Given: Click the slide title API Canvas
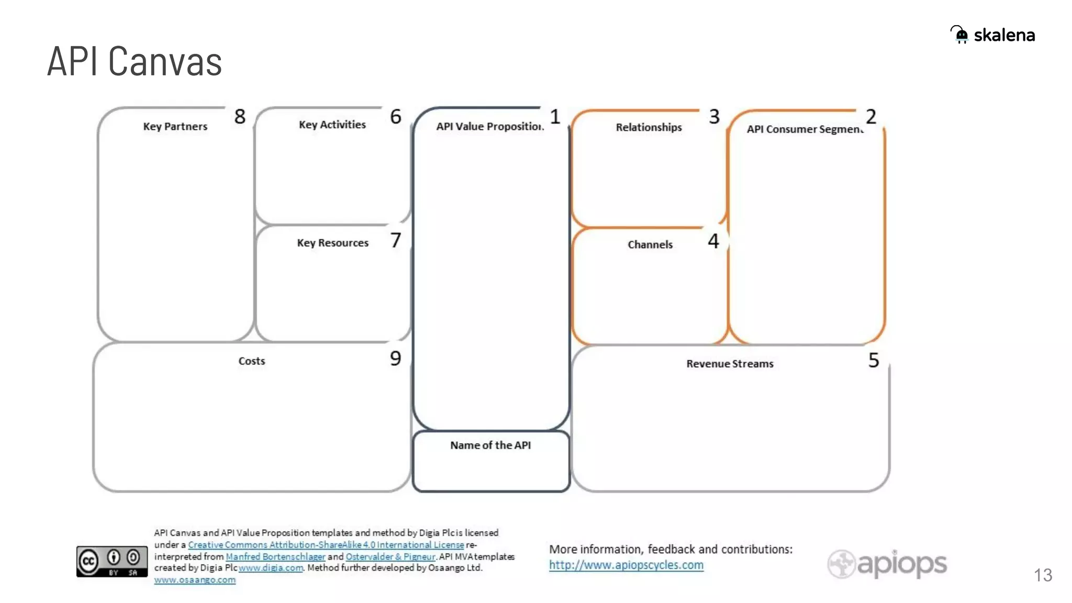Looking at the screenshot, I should coord(135,62).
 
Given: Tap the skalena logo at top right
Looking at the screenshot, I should coord(992,35).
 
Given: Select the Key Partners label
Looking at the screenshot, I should coord(175,127).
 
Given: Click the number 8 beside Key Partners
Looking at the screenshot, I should coord(240,117).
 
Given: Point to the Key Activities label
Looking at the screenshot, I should coord(332,125).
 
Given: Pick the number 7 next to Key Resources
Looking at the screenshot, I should coord(396,241).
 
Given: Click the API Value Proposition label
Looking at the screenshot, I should coord(490,127).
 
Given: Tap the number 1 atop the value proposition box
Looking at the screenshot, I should coord(555,117).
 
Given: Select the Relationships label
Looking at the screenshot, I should coord(649,127).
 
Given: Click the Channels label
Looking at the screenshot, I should coord(650,244).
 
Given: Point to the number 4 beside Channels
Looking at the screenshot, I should coord(713,241).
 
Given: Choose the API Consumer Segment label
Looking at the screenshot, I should coord(805,129).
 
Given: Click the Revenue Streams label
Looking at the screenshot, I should coord(730,364).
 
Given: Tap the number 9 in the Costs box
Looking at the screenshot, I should coord(396,359).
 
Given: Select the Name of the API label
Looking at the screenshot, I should coord(490,445).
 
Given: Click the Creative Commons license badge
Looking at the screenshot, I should coord(111,562).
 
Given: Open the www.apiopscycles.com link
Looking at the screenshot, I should coord(626,565).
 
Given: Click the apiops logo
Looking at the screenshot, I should coord(887,564).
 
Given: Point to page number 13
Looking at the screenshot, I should coord(1043,575).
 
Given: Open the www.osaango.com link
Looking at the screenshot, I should coord(195,580).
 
